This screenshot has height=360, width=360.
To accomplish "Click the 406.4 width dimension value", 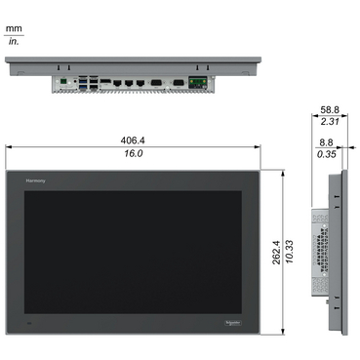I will pos(134,139).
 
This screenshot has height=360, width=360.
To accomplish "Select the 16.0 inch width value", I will pos(134,154).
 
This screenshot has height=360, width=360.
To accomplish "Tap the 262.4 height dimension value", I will pos(276,254).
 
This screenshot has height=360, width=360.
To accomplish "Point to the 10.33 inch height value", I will pos(292,254).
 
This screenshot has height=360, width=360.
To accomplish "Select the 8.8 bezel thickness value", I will pos(327,141).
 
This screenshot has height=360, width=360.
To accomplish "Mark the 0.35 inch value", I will pos(327,155).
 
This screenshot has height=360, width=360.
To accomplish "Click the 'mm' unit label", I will pos(14,30).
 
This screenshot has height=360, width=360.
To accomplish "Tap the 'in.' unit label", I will pos(14,43).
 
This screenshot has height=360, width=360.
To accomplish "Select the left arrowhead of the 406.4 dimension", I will pos(9,146).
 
